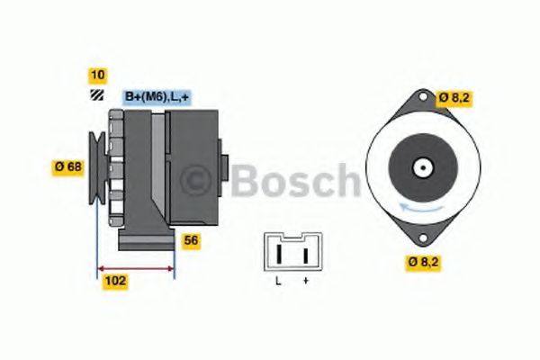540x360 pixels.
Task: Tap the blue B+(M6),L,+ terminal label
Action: [x=155, y=97]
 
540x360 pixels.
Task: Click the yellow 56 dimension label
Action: [x=191, y=240]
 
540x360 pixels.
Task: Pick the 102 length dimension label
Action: [x=115, y=281]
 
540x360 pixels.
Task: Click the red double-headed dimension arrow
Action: [x=136, y=268]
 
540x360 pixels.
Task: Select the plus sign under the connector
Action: [x=306, y=281]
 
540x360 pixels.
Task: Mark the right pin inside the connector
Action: [x=306, y=256]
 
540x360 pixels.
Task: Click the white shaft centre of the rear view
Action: [x=422, y=167]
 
